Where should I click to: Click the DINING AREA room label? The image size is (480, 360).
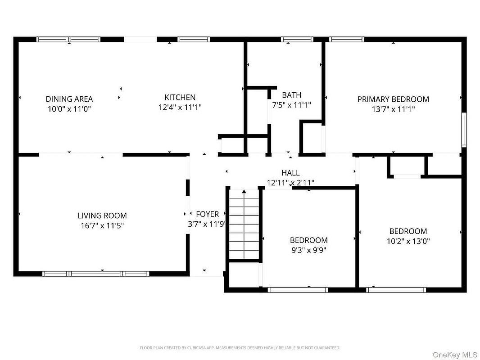coord(69,99)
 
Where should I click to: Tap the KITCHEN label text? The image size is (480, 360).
coord(180,97)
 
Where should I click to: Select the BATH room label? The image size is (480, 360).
coord(291,95)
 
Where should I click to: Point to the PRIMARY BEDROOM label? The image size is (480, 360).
coord(393,99)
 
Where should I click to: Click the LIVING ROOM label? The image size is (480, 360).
coord(102,216)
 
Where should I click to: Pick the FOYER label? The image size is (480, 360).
coord(208,214)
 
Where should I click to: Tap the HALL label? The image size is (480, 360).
coord(290,173)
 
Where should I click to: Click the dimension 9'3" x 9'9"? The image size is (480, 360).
coord(308,250)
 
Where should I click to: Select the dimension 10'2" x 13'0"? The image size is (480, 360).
coord(408,241)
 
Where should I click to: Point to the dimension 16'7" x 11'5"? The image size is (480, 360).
coord(102,226)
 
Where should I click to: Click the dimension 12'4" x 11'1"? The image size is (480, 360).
coord(180,108)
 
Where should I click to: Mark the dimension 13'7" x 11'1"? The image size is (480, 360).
coord(393,109)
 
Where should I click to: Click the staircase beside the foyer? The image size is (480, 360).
coord(244,225)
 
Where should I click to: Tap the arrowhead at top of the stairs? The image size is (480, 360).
coord(244,191)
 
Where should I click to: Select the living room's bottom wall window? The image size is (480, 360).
coord(96,274)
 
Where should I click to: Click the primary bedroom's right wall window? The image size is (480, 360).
coord(464,130)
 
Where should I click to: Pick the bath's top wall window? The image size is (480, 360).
coord(297,39)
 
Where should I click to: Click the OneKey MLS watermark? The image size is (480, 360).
coord(455,355)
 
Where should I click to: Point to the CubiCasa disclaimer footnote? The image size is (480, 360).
coord(240,348)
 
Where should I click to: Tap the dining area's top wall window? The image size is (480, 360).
coord(68,39)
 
